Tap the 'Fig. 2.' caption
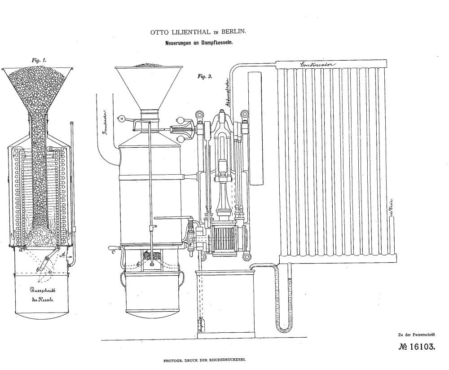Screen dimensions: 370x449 (x=206, y=76)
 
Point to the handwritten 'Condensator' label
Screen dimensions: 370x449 (x=317, y=65)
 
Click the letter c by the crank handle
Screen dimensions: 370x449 (x=114, y=252)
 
